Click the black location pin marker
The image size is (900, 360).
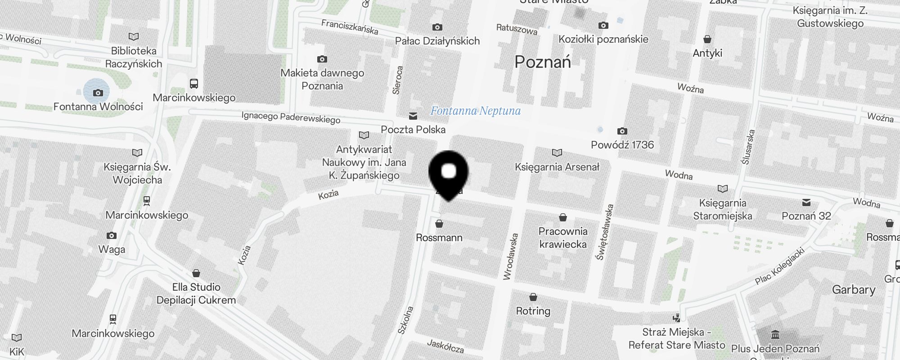pos(448,173)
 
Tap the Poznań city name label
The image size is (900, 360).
pos(543,62)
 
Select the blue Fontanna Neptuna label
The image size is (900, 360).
pos(475,111)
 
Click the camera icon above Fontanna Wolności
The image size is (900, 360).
pos(98,93)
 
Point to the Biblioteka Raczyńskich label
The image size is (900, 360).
pos(134,57)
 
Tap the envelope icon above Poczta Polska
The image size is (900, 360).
pos(413,116)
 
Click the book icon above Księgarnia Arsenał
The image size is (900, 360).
pos(557,153)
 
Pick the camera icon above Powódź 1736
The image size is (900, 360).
pos(622,131)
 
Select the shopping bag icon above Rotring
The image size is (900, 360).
pos(533,297)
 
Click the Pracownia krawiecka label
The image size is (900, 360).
pos(563,238)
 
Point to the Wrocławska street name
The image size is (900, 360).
pos(511,257)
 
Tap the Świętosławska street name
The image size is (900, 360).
pos(605,232)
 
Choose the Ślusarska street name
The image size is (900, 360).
pos(748,147)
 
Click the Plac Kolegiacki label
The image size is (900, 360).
pos(779,266)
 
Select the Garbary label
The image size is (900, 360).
pos(854,290)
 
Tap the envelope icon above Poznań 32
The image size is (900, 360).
pos(806,202)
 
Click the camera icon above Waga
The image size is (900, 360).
pos(112,235)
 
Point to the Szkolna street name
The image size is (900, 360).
pos(405,320)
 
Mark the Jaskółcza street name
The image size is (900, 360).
pos(445,346)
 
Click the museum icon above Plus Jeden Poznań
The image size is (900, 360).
pos(775,335)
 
